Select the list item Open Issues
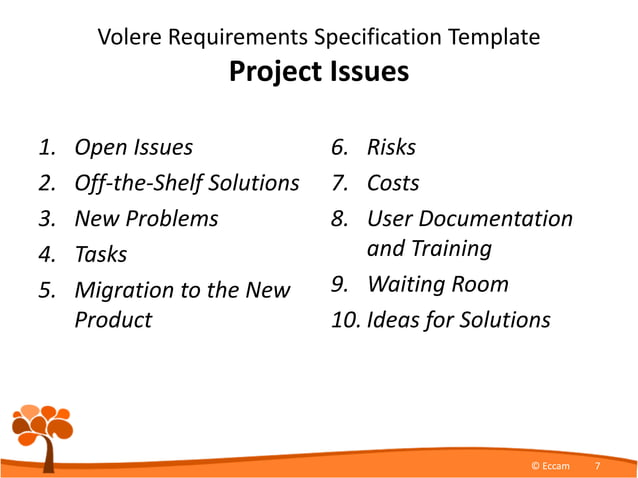pyautogui.click(x=133, y=148)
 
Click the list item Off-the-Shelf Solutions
pyautogui.click(x=187, y=183)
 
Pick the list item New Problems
pyautogui.click(x=146, y=218)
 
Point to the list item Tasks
pyautogui.click(x=101, y=254)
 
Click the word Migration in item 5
pyautogui.click(x=123, y=290)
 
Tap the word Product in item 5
pyautogui.click(x=113, y=320)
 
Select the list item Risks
pyautogui.click(x=391, y=148)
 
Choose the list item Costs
pyautogui.click(x=393, y=183)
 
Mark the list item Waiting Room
pyautogui.click(x=438, y=284)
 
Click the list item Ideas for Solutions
pyautogui.click(x=459, y=320)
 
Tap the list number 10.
pyautogui.click(x=345, y=320)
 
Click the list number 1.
pyautogui.click(x=46, y=148)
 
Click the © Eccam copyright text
pyautogui.click(x=549, y=466)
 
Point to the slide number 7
pyautogui.click(x=597, y=466)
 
